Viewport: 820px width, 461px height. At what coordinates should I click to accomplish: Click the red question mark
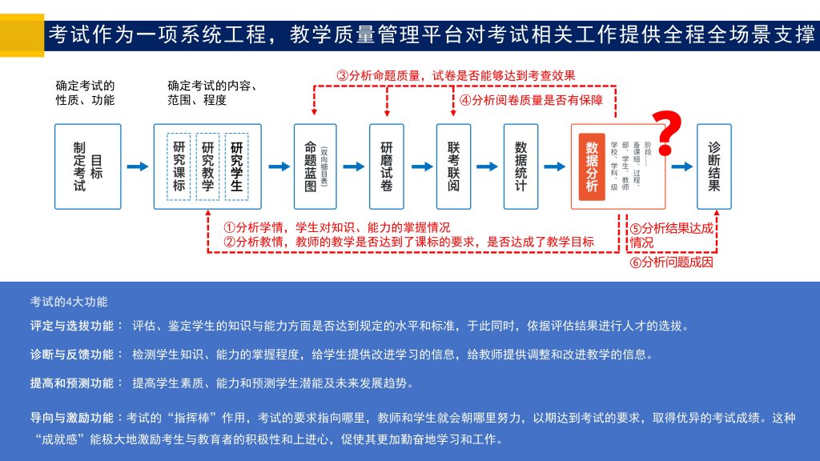[666, 133]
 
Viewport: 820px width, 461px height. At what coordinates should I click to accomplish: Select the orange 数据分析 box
[592, 166]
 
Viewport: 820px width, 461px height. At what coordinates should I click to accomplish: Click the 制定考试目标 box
[87, 166]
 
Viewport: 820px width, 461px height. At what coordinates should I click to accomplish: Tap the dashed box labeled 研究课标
[179, 166]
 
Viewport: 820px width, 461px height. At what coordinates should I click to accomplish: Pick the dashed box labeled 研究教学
[207, 166]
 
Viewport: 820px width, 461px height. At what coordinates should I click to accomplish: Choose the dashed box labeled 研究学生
[236, 166]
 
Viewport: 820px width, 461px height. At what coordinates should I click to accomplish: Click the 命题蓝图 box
[315, 166]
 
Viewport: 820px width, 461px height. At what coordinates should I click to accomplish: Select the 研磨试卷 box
[387, 166]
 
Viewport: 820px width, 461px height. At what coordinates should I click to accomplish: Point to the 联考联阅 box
[454, 166]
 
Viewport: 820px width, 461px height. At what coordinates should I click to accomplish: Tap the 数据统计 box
[521, 166]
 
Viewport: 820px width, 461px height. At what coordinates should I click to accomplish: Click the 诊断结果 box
[714, 166]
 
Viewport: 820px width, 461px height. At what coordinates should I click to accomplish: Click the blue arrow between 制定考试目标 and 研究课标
[138, 166]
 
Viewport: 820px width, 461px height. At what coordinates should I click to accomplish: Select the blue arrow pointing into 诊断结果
[682, 166]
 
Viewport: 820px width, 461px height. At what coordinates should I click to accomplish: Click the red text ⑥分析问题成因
[671, 262]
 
